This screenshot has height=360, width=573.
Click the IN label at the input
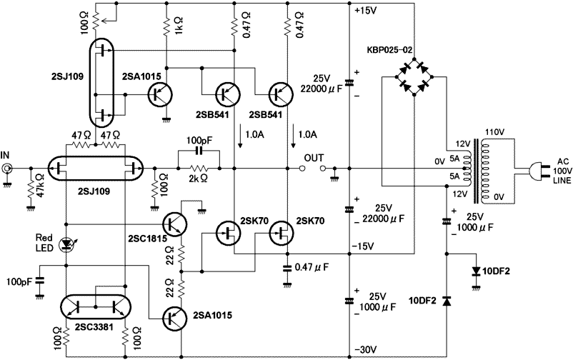click(x=6, y=154)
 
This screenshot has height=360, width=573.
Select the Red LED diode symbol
click(x=68, y=244)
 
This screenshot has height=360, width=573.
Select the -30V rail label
click(x=365, y=349)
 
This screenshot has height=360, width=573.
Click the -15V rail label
click(x=365, y=246)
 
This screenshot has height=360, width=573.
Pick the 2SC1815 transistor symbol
click(x=175, y=224)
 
